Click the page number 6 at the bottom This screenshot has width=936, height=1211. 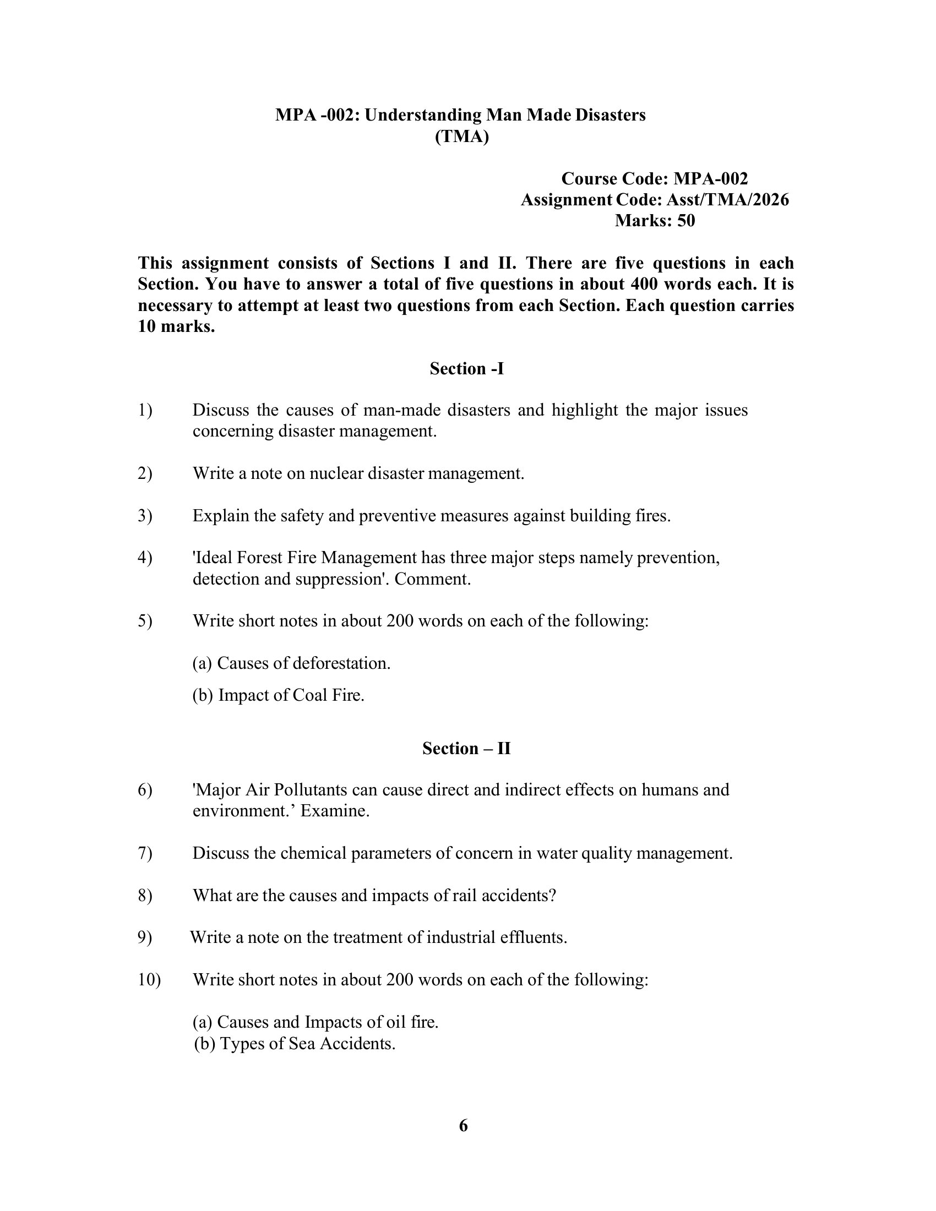pos(464,1126)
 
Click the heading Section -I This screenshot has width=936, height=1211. pos(466,369)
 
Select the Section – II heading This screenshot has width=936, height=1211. pos(466,748)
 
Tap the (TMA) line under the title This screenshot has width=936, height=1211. pos(461,137)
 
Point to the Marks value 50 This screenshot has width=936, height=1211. pos(686,221)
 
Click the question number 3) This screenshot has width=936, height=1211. pos(145,516)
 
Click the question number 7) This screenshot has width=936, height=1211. pos(145,853)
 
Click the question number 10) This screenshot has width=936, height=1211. pos(149,980)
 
